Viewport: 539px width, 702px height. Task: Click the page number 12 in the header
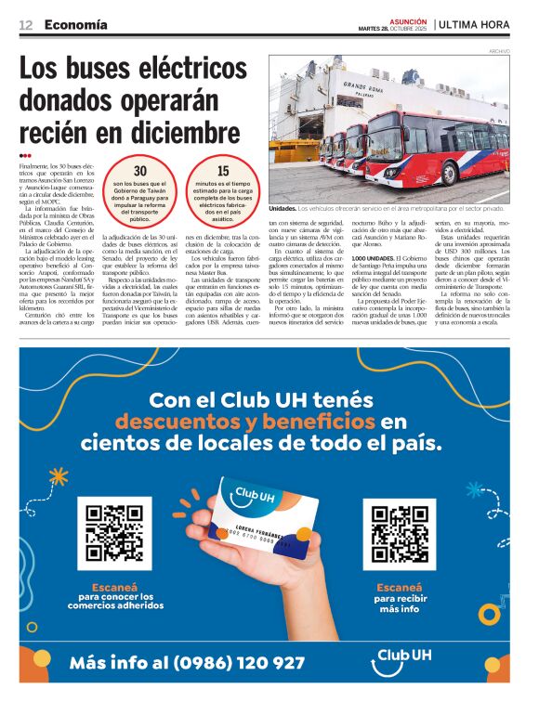coord(26,24)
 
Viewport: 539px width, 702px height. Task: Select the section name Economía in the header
coord(75,24)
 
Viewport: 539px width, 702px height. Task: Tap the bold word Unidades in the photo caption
coord(284,209)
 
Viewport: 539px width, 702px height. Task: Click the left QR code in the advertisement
coord(113,535)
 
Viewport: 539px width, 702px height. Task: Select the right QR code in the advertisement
coord(399,535)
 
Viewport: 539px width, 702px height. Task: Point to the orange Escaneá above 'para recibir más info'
coord(399,587)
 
